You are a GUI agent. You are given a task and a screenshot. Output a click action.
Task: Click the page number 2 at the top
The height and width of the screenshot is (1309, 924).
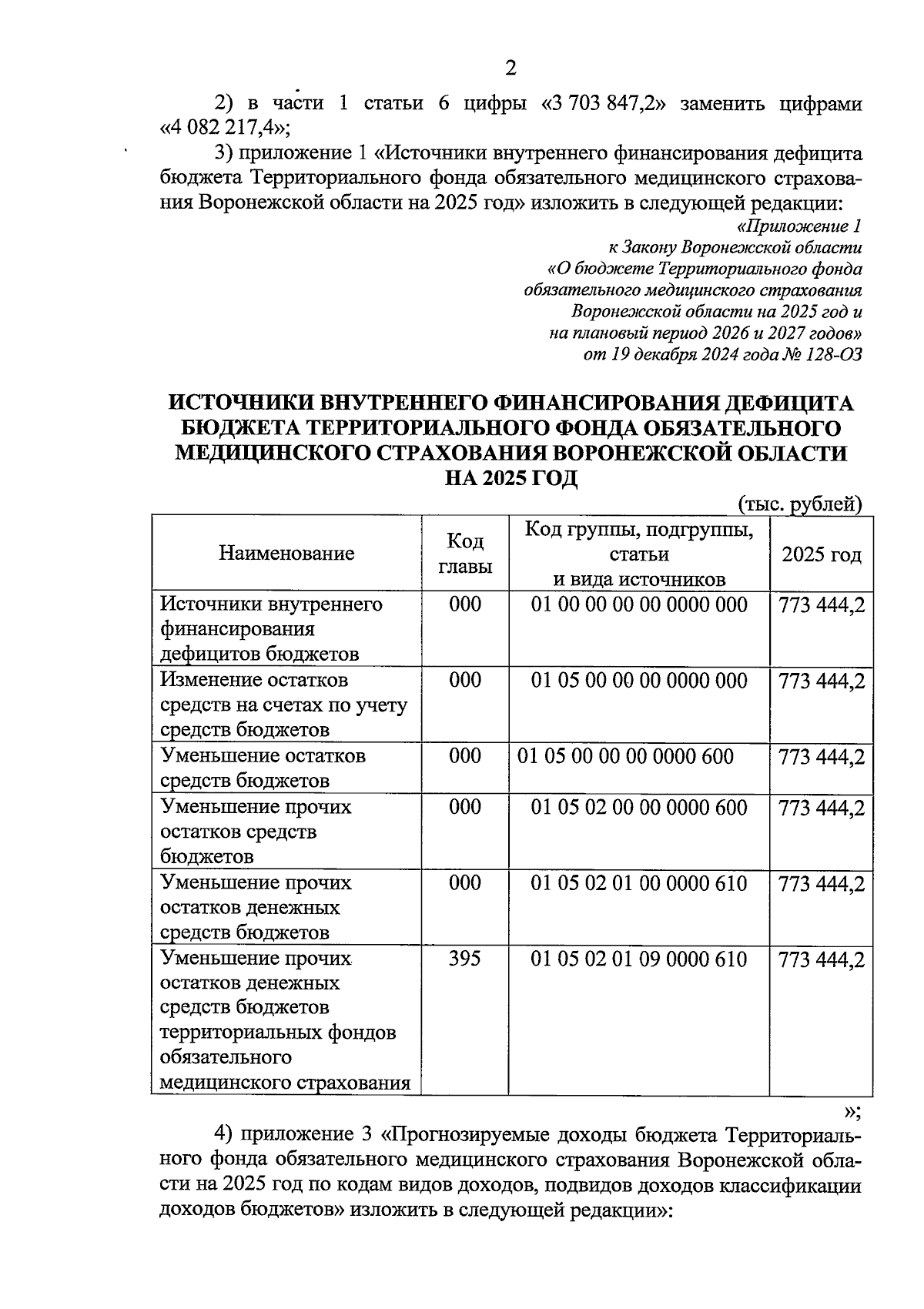pyautogui.click(x=509, y=68)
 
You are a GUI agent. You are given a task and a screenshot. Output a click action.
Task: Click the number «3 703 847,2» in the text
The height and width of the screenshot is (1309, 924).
pyautogui.click(x=604, y=103)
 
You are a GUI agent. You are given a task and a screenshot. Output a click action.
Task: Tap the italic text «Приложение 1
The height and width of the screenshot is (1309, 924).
pyautogui.click(x=799, y=226)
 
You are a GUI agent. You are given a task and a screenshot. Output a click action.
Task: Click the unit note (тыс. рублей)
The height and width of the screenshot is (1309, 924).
pyautogui.click(x=800, y=504)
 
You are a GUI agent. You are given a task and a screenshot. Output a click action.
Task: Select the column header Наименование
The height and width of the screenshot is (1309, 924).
pyautogui.click(x=286, y=553)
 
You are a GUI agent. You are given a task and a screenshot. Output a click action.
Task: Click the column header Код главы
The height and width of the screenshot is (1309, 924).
pyautogui.click(x=465, y=554)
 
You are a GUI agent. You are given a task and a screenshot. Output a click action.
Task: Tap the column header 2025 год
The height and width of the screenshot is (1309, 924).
pyautogui.click(x=821, y=554)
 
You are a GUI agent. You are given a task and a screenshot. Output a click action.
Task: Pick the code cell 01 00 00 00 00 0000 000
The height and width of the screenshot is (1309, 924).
pyautogui.click(x=639, y=604)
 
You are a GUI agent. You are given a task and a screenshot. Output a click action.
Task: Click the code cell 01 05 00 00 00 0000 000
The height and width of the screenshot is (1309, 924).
pyautogui.click(x=639, y=681)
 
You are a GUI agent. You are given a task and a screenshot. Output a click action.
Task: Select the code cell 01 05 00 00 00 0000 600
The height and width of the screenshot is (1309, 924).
pyautogui.click(x=625, y=756)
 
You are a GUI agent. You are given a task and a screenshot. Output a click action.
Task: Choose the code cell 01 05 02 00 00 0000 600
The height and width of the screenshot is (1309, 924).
pyautogui.click(x=639, y=807)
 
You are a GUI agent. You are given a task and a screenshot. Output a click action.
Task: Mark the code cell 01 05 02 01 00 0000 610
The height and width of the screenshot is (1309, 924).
pyautogui.click(x=639, y=882)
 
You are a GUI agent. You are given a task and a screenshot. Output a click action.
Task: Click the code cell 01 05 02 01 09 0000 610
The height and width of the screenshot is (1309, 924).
pyautogui.click(x=639, y=959)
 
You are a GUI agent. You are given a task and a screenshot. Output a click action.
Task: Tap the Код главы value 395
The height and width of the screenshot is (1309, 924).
pyautogui.click(x=465, y=959)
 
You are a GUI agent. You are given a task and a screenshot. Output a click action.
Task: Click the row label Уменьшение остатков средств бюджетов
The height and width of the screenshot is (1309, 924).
pyautogui.click(x=263, y=768)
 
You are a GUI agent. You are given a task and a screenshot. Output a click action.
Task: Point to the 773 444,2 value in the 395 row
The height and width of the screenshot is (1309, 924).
pyautogui.click(x=822, y=959)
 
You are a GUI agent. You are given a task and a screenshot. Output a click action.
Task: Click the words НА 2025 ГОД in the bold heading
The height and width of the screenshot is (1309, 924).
pyautogui.click(x=511, y=478)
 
